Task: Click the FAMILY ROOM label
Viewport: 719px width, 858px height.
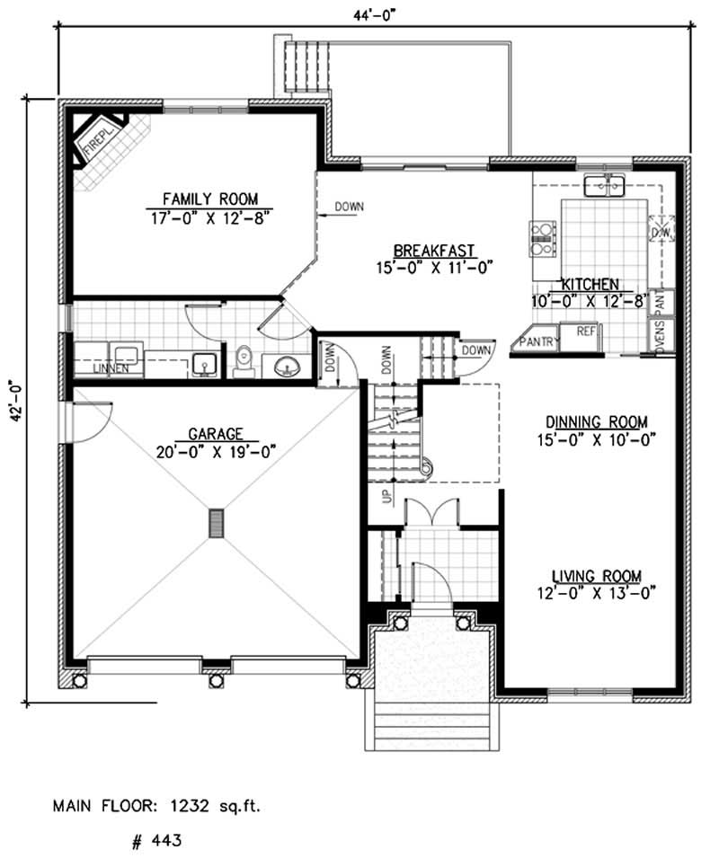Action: coord(209,199)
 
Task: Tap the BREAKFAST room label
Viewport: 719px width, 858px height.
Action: coord(434,251)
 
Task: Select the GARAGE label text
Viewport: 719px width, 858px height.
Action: coord(216,432)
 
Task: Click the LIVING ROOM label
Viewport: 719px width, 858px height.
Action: coord(596,576)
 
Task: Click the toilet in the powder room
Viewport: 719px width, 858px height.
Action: coord(243,359)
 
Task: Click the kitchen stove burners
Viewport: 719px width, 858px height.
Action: coord(543,234)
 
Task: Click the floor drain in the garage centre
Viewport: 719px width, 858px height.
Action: coord(216,523)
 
